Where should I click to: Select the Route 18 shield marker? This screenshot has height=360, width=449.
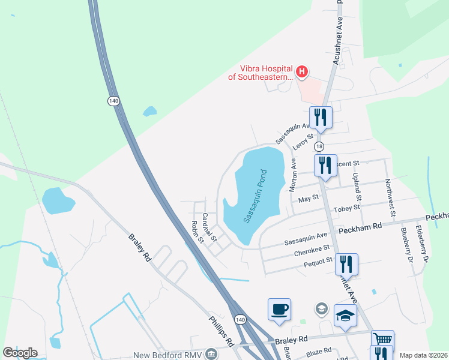(319, 146)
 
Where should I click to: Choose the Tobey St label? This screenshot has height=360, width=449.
(348, 207)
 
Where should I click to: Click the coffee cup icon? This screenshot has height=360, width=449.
(279, 310)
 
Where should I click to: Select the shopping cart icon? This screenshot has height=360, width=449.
(382, 340)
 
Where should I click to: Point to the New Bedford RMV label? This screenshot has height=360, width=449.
(167, 355)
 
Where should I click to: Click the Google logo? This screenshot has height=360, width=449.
(20, 353)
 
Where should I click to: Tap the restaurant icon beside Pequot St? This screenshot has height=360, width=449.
(346, 264)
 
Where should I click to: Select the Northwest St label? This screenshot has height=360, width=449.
(391, 197)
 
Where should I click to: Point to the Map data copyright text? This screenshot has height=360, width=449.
(424, 355)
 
